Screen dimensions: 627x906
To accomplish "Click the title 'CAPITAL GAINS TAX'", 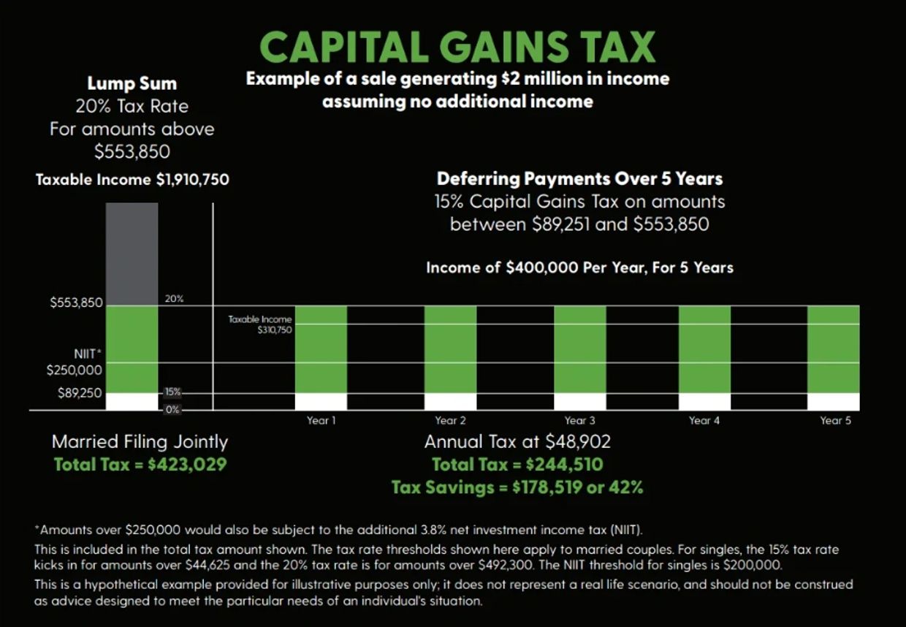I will click(458, 47).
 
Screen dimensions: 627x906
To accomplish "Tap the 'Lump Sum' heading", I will click(132, 83).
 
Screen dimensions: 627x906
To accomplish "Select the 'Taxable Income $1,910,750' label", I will click(132, 179).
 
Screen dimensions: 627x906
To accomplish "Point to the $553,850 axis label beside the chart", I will click(77, 303).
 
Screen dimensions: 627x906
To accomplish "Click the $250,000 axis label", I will click(75, 370).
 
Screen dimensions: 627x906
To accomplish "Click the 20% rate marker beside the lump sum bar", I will click(174, 299).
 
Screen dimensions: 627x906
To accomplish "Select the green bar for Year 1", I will click(321, 349).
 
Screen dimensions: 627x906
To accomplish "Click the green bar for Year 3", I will click(579, 349).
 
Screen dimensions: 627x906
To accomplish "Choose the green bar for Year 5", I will click(833, 349).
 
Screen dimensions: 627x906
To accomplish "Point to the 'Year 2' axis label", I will click(450, 420).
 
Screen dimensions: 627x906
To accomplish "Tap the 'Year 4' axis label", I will click(704, 420).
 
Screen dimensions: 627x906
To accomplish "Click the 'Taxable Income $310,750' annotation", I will click(260, 324).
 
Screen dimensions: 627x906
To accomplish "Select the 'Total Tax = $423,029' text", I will click(140, 464).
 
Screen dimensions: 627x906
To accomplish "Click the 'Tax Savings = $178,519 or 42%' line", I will click(517, 487).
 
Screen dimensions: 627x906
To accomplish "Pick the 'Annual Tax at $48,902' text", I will click(517, 441).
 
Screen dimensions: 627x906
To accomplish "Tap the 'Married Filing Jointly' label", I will click(140, 441).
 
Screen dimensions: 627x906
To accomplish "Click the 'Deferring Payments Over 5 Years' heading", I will click(579, 179).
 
